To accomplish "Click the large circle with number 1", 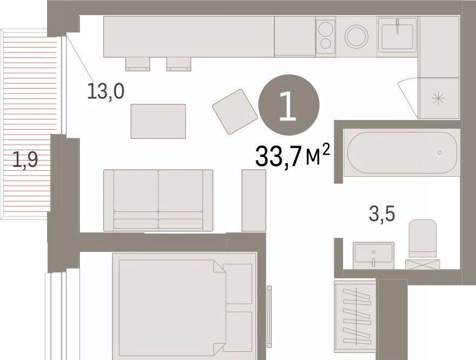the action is click(x=289, y=105).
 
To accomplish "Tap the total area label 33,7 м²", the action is click(x=292, y=156).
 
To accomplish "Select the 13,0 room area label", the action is click(x=106, y=91).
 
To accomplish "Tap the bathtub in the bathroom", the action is click(x=402, y=152).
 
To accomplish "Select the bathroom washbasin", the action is click(x=374, y=255).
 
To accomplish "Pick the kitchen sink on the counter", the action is click(x=397, y=36).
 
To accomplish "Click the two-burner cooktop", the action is click(x=326, y=36).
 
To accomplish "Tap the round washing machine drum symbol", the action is click(x=357, y=36).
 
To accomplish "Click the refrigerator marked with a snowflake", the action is click(x=438, y=98).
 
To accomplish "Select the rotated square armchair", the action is click(x=235, y=111).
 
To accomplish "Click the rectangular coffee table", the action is click(x=158, y=121).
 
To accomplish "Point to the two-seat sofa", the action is click(x=158, y=200).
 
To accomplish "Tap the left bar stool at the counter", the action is click(x=138, y=64).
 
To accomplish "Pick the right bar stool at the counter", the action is click(x=179, y=64).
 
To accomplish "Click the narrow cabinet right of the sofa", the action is click(x=254, y=200).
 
